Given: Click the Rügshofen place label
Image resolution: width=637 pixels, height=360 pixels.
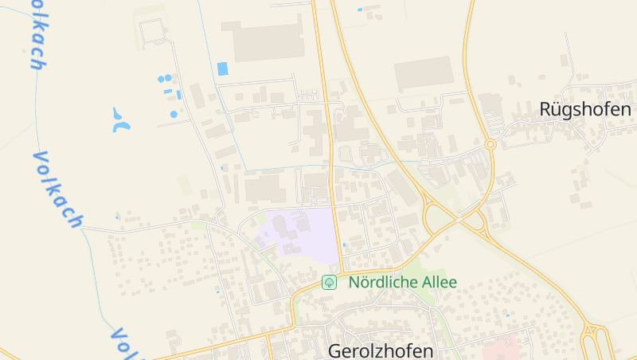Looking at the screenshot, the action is [x=585, y=109].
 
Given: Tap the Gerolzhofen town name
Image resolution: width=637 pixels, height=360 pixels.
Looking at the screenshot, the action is [x=381, y=351].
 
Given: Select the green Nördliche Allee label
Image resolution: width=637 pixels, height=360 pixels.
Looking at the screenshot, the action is [x=403, y=283].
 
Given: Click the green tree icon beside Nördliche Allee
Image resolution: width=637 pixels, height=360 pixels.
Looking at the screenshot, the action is [x=329, y=283].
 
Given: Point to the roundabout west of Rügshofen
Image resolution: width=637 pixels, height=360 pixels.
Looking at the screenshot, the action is [x=490, y=144].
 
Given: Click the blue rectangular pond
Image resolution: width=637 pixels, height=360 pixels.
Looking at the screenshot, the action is [x=222, y=69].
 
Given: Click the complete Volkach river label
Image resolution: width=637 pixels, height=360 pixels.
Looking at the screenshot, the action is [x=57, y=188].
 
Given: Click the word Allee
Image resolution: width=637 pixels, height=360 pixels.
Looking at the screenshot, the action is [x=440, y=283].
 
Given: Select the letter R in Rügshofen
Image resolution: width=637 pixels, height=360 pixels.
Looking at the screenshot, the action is [x=546, y=109].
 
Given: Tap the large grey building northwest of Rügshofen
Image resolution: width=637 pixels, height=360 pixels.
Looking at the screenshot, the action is [x=424, y=72].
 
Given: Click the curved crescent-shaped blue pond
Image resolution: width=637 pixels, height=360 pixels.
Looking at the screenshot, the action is [x=120, y=120].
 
